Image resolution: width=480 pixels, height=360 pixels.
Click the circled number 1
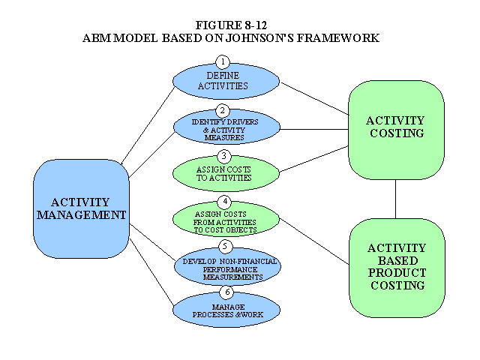click(x=223, y=62)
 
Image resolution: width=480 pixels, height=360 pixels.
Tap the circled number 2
click(x=223, y=111)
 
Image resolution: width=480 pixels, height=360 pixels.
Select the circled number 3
click(x=223, y=157)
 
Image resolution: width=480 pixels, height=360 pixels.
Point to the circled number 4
click(x=225, y=202)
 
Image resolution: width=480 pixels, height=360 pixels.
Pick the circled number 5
click(x=226, y=247)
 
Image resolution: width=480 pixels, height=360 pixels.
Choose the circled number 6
click(x=226, y=292)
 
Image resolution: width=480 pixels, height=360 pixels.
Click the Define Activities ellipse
click(x=226, y=82)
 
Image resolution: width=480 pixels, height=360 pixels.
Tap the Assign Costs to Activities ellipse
click(x=226, y=174)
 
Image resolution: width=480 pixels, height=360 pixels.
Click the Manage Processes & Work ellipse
click(x=226, y=310)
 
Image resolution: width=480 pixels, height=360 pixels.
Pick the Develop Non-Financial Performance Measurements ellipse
click(x=228, y=266)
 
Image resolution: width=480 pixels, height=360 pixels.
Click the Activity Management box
click(x=81, y=208)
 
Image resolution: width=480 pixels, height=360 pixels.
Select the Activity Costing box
click(x=397, y=130)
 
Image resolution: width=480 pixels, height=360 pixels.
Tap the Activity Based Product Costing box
click(x=397, y=268)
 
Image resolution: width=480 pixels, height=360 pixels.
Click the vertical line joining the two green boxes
click(x=395, y=199)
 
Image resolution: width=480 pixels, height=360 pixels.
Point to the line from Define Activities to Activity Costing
click(x=315, y=98)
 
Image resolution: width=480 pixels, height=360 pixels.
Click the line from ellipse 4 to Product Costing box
click(x=314, y=241)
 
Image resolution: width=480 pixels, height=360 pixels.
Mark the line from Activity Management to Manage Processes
click(x=151, y=271)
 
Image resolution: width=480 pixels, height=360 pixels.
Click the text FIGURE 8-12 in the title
click(x=231, y=25)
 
